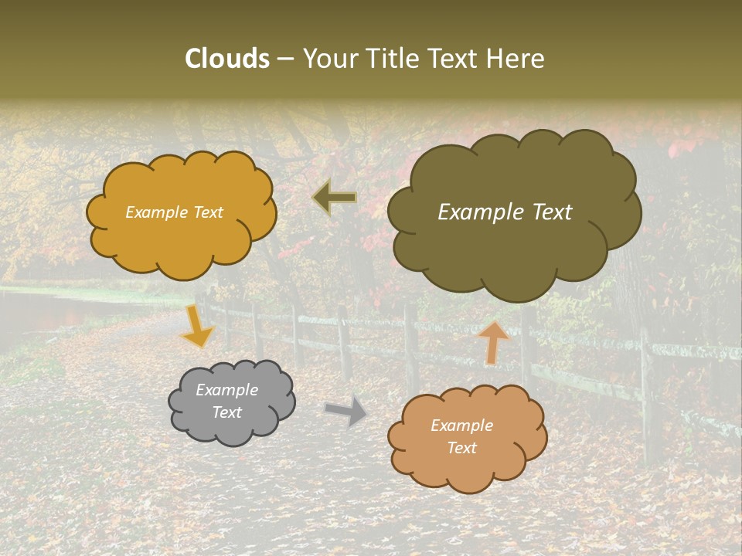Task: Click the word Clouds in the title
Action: [x=227, y=59]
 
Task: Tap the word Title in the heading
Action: [x=393, y=59]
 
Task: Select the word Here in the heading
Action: [x=516, y=59]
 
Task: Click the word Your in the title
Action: [x=330, y=59]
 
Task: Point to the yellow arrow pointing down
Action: [x=197, y=327]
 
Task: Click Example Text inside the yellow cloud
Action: [x=175, y=212]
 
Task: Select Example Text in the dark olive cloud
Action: [x=505, y=212]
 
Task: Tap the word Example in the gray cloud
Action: [x=226, y=390]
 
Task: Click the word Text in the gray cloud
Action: [x=226, y=412]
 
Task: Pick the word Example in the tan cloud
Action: [x=461, y=425]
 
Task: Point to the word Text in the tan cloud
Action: [x=461, y=448]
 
